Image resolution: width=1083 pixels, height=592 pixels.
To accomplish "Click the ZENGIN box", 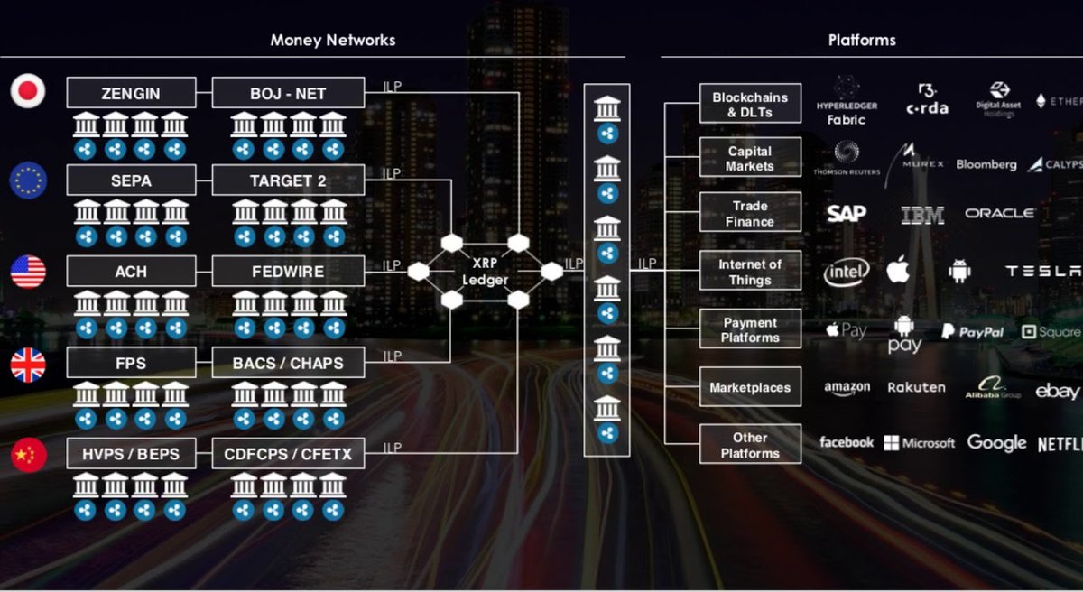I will click(x=131, y=92).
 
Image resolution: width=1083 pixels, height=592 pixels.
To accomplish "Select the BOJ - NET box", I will click(x=288, y=92).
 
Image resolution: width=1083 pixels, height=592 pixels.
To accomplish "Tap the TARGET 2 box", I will click(x=288, y=180).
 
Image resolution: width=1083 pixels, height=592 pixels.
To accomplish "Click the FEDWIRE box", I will click(x=288, y=272).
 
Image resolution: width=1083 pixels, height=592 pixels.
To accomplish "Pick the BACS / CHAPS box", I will click(x=288, y=363).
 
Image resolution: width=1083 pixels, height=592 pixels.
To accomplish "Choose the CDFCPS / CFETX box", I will click(x=288, y=453).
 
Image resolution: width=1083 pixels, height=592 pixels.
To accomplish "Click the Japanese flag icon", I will click(x=28, y=91).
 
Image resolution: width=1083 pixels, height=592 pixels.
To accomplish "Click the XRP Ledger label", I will click(x=485, y=272).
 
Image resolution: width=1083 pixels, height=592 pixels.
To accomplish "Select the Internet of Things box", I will click(x=750, y=272).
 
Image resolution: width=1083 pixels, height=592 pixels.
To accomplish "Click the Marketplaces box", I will click(x=750, y=388).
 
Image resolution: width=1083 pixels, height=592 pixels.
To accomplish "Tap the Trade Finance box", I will click(x=750, y=213).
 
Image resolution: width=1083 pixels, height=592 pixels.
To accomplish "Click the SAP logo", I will click(x=846, y=213).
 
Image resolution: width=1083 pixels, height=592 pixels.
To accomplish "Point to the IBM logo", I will click(x=921, y=214).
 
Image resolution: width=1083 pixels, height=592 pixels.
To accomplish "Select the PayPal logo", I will click(x=972, y=332).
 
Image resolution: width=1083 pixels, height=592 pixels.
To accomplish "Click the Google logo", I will click(x=996, y=443).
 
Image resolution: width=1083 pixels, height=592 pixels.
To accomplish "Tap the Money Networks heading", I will click(x=332, y=40).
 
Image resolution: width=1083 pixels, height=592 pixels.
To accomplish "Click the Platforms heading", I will click(x=861, y=40).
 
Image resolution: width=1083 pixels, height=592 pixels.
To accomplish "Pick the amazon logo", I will click(x=847, y=388).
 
